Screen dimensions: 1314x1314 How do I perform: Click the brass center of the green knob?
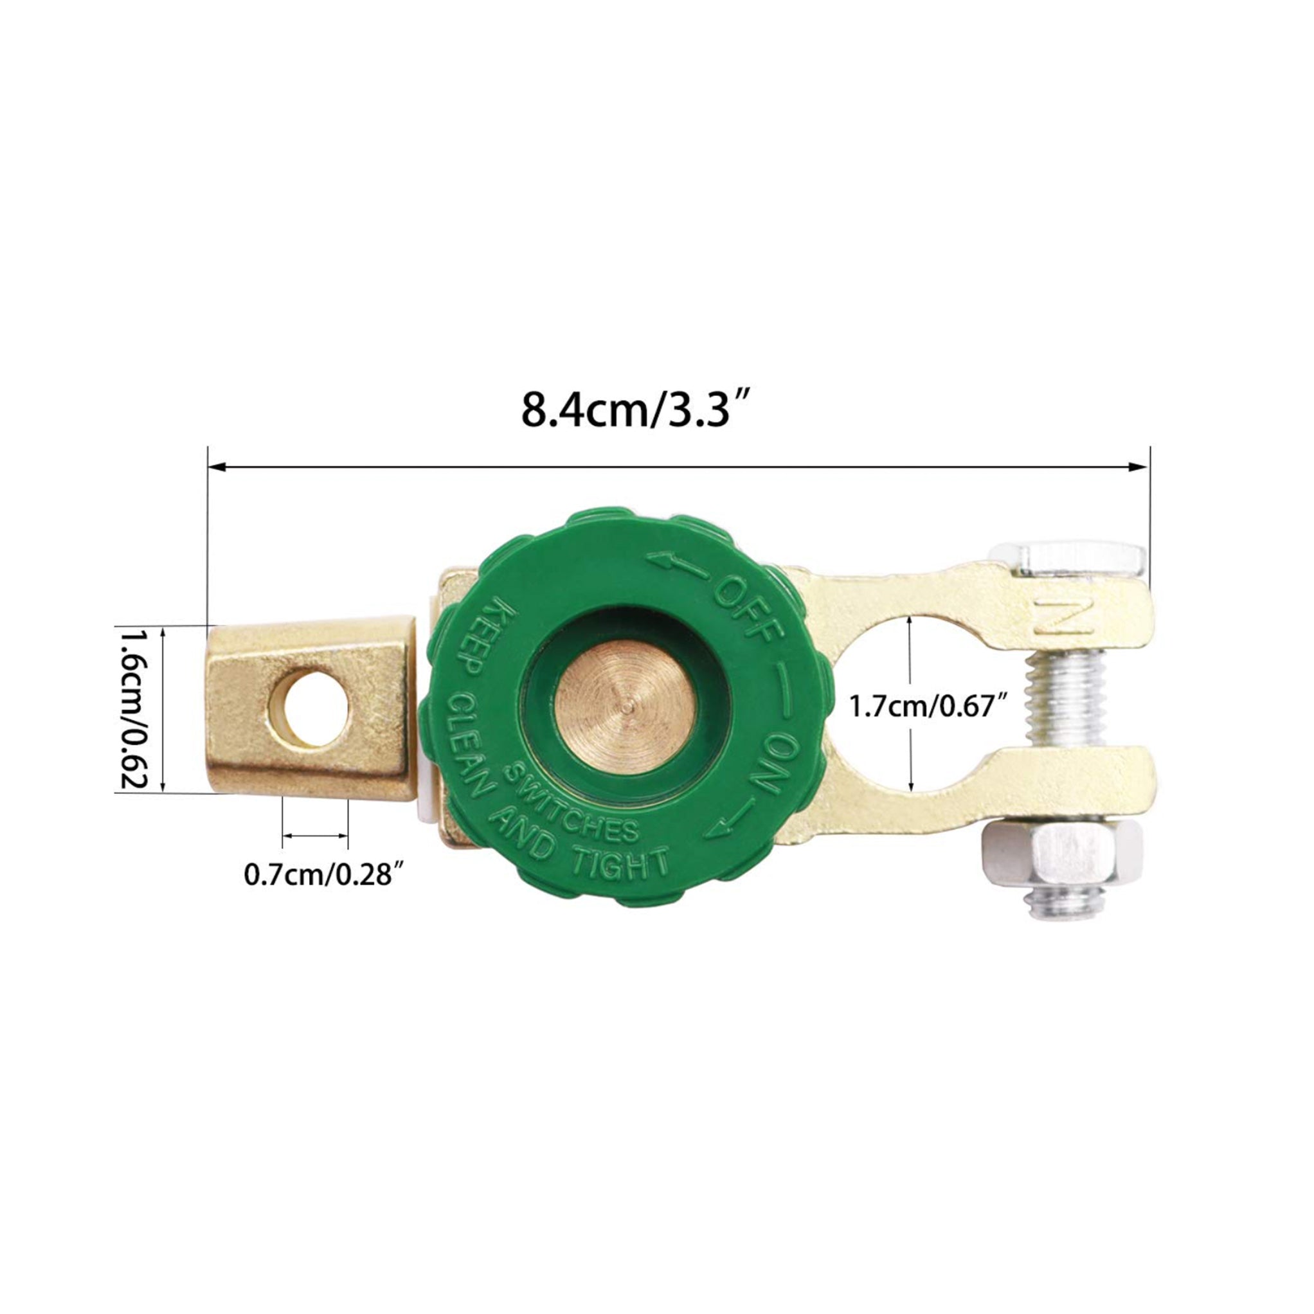point(625,707)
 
